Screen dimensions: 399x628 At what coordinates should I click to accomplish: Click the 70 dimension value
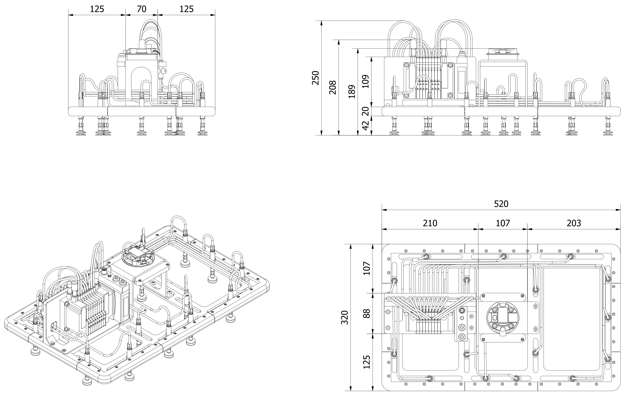click(142, 9)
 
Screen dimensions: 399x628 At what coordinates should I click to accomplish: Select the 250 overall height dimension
click(316, 78)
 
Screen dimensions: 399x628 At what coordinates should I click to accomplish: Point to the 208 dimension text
click(333, 87)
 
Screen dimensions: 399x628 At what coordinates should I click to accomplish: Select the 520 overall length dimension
click(501, 204)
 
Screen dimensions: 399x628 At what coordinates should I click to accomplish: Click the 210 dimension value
click(430, 223)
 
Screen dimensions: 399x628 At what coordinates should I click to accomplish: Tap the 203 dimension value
click(574, 223)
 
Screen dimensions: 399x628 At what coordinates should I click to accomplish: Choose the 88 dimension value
click(367, 313)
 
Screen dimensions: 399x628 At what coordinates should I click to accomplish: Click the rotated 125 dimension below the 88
click(367, 362)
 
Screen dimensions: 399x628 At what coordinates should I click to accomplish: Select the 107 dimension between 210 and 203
click(502, 223)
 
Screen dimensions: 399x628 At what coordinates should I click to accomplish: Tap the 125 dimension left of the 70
click(97, 9)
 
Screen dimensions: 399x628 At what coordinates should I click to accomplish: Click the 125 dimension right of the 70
click(186, 9)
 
